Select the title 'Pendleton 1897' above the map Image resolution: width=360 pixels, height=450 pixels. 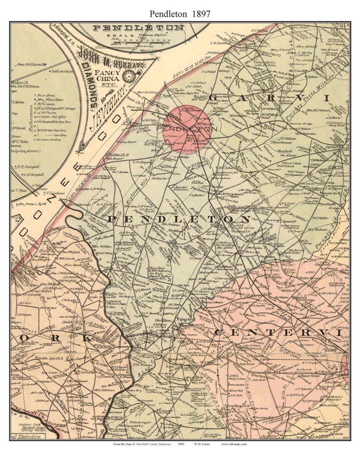pyautogui.click(x=180, y=14)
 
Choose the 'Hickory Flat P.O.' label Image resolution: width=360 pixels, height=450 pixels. pyautogui.click(x=265, y=54)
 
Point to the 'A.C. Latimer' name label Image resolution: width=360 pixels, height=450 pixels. pyautogui.click(x=54, y=193)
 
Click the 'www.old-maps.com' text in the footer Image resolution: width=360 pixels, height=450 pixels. pyautogui.click(x=234, y=444)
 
